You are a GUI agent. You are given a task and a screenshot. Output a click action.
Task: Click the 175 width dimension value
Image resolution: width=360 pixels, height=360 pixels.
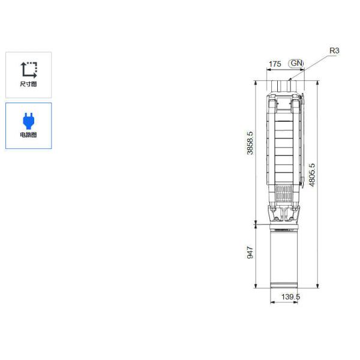point(275,64)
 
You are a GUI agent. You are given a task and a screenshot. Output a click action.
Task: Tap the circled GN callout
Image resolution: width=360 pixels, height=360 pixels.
point(296,63)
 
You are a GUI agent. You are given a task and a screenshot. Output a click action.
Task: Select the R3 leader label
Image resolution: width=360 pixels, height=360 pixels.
point(334,50)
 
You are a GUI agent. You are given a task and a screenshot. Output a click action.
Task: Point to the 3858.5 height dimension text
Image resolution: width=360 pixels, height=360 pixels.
point(250,143)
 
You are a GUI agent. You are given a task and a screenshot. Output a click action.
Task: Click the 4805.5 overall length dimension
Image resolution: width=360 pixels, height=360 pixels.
point(312,175)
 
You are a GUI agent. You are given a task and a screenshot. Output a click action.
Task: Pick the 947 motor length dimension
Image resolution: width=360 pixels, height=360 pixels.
point(250,253)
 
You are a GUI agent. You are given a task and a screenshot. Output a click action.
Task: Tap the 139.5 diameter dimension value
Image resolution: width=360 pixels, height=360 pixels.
point(290,296)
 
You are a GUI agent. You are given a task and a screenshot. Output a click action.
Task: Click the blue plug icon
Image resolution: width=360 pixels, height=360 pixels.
point(29,121)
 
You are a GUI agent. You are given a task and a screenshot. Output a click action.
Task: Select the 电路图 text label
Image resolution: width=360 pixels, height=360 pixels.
point(28,135)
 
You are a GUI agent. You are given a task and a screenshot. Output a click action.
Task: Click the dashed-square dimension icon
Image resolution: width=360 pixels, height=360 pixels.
point(29,70)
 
